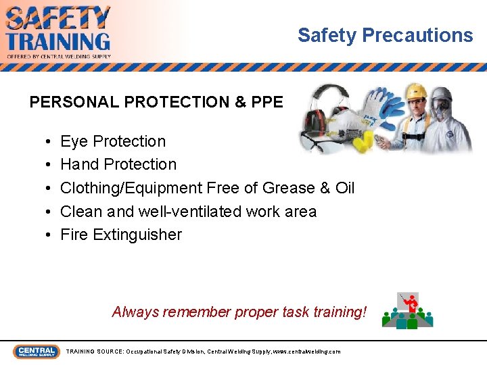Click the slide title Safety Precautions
coord(385,35)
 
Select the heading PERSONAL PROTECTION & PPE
coord(156,102)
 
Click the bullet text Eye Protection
coord(113,141)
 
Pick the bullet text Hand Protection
coord(118,164)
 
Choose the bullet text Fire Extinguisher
coord(121,235)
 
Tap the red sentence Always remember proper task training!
coord(239,312)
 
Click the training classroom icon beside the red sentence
coord(407,310)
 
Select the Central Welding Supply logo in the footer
coord(36,351)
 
